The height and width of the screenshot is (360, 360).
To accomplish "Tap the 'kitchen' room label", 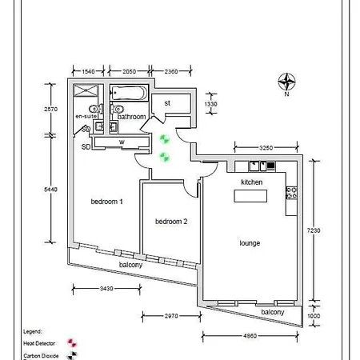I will click(252, 182).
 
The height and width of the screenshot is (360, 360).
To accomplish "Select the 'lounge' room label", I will click(250, 242).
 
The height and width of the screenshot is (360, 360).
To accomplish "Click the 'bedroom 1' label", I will click(106, 202).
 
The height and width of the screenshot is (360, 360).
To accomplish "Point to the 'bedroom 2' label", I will click(171, 222).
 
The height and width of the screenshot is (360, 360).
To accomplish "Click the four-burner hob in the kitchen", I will click(292, 192).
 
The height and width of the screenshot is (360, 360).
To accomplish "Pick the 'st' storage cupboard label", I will click(167, 103).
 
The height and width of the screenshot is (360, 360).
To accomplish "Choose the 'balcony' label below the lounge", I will click(272, 311).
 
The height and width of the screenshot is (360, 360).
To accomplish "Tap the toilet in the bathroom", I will click(119, 110).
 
